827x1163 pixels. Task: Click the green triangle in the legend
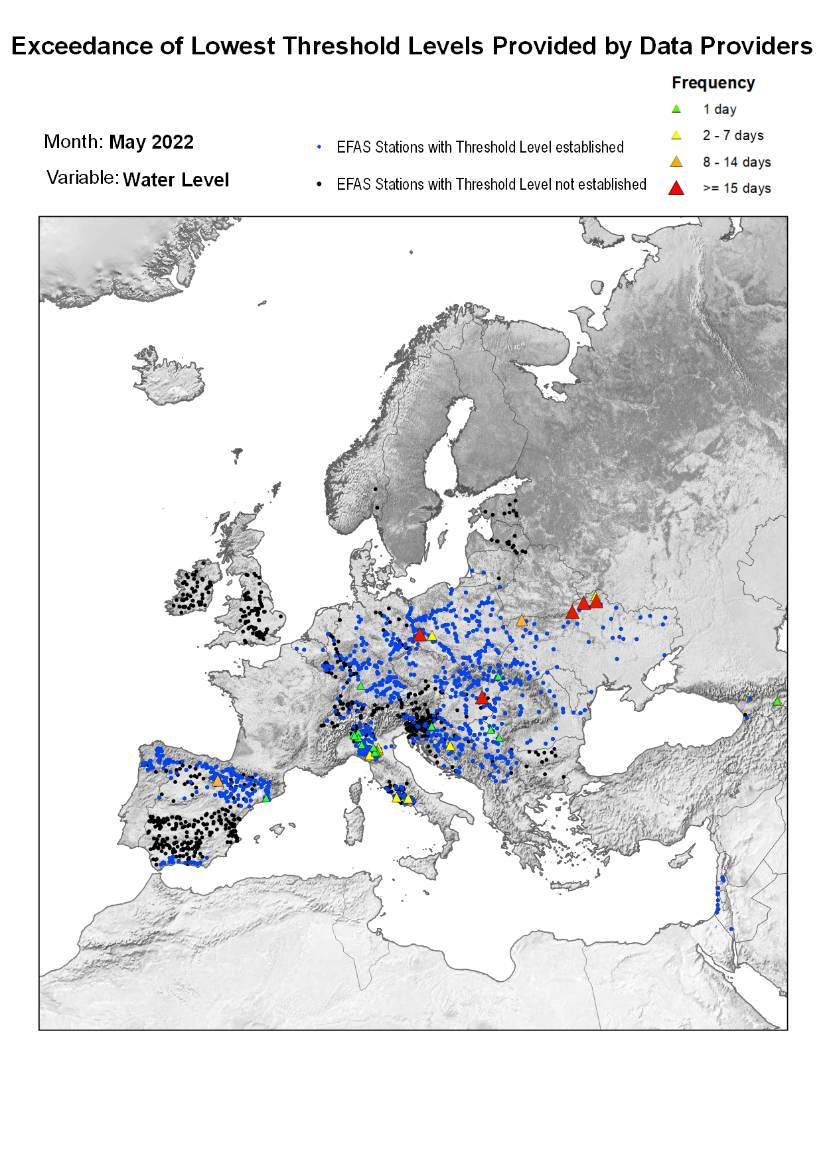tap(676, 109)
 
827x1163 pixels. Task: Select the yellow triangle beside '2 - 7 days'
tap(676, 135)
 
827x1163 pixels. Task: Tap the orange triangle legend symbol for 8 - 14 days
tap(676, 162)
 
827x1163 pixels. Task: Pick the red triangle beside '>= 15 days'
tap(676, 188)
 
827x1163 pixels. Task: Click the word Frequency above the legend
tap(713, 83)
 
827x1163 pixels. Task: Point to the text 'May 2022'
tap(151, 142)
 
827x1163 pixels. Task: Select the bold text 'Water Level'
tap(176, 180)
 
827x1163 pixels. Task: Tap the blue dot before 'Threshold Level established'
tap(319, 147)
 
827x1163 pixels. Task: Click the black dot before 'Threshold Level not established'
tap(319, 184)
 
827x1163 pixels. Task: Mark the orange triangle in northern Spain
tap(217, 781)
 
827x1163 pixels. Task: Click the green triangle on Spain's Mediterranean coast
tap(266, 797)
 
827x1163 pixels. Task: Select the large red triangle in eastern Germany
tap(419, 635)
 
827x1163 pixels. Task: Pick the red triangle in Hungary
tap(483, 698)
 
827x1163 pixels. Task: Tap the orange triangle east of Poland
tap(522, 621)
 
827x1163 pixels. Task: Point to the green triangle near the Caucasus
tap(777, 701)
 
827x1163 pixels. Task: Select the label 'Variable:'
tap(82, 178)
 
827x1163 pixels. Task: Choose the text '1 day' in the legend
tap(719, 109)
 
